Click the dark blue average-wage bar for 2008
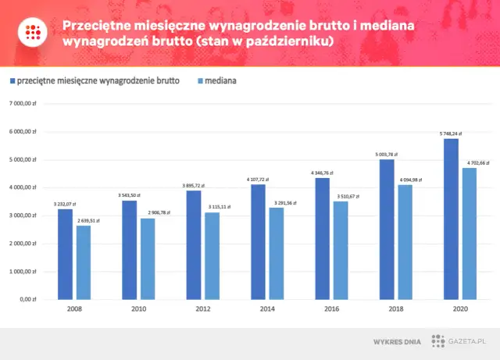[65, 254]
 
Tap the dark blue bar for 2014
[259, 241]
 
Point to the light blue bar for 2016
[341, 250]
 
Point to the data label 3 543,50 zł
[130, 195]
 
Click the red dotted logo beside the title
[33, 32]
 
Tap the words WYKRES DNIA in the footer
[398, 341]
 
